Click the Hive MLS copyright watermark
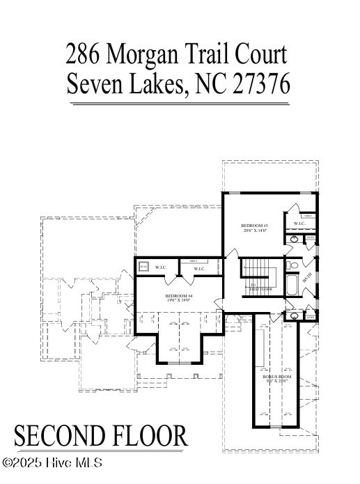pyautogui.click(x=52, y=462)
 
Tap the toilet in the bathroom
pyautogui.click(x=294, y=265)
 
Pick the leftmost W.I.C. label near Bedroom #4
pyautogui.click(x=161, y=267)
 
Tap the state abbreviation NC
pyautogui.click(x=212, y=84)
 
